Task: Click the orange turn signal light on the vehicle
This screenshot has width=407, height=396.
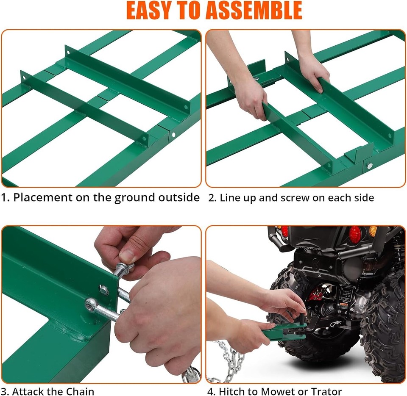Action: pos(373,231)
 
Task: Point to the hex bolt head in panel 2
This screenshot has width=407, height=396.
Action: pos(370,166)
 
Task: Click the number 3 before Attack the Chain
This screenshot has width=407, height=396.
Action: pos(5,391)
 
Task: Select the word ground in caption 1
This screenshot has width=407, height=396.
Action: pos(134,198)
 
